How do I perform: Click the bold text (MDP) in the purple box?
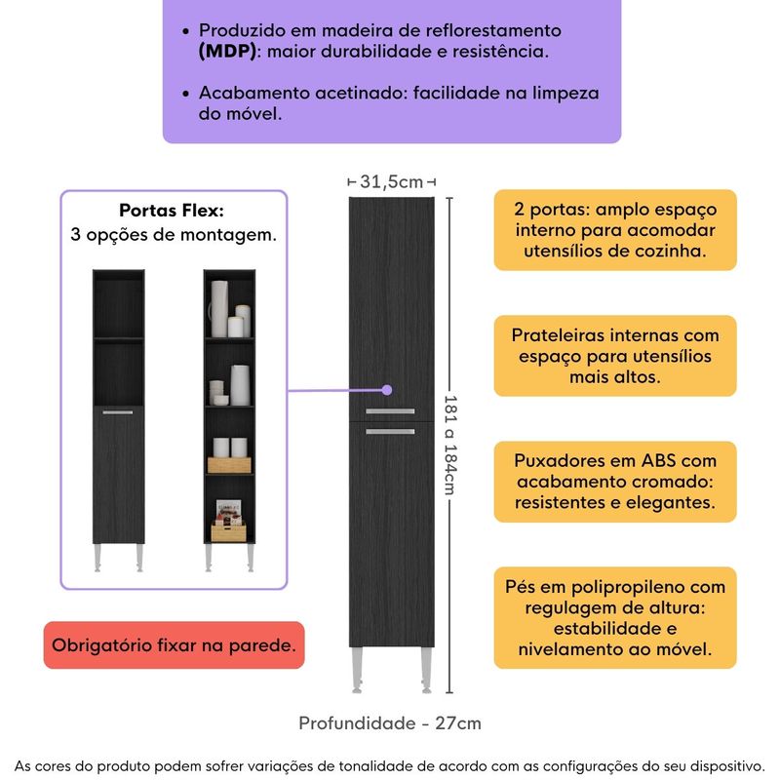coord(227,52)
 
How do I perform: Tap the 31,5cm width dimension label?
coord(391,181)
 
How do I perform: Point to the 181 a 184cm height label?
coord(449,445)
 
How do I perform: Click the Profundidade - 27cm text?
coord(390,722)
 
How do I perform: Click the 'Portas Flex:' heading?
coord(172,211)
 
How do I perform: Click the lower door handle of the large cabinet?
coord(391,430)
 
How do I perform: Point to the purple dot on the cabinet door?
coord(386,391)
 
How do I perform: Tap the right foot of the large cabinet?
coord(426,668)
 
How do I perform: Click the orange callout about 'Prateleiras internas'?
coord(614,356)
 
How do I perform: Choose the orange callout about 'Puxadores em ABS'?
coord(614,482)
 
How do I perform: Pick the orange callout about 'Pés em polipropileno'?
coord(614,617)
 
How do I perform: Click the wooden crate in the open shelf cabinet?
coord(230,464)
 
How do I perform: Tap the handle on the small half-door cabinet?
coord(118,414)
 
